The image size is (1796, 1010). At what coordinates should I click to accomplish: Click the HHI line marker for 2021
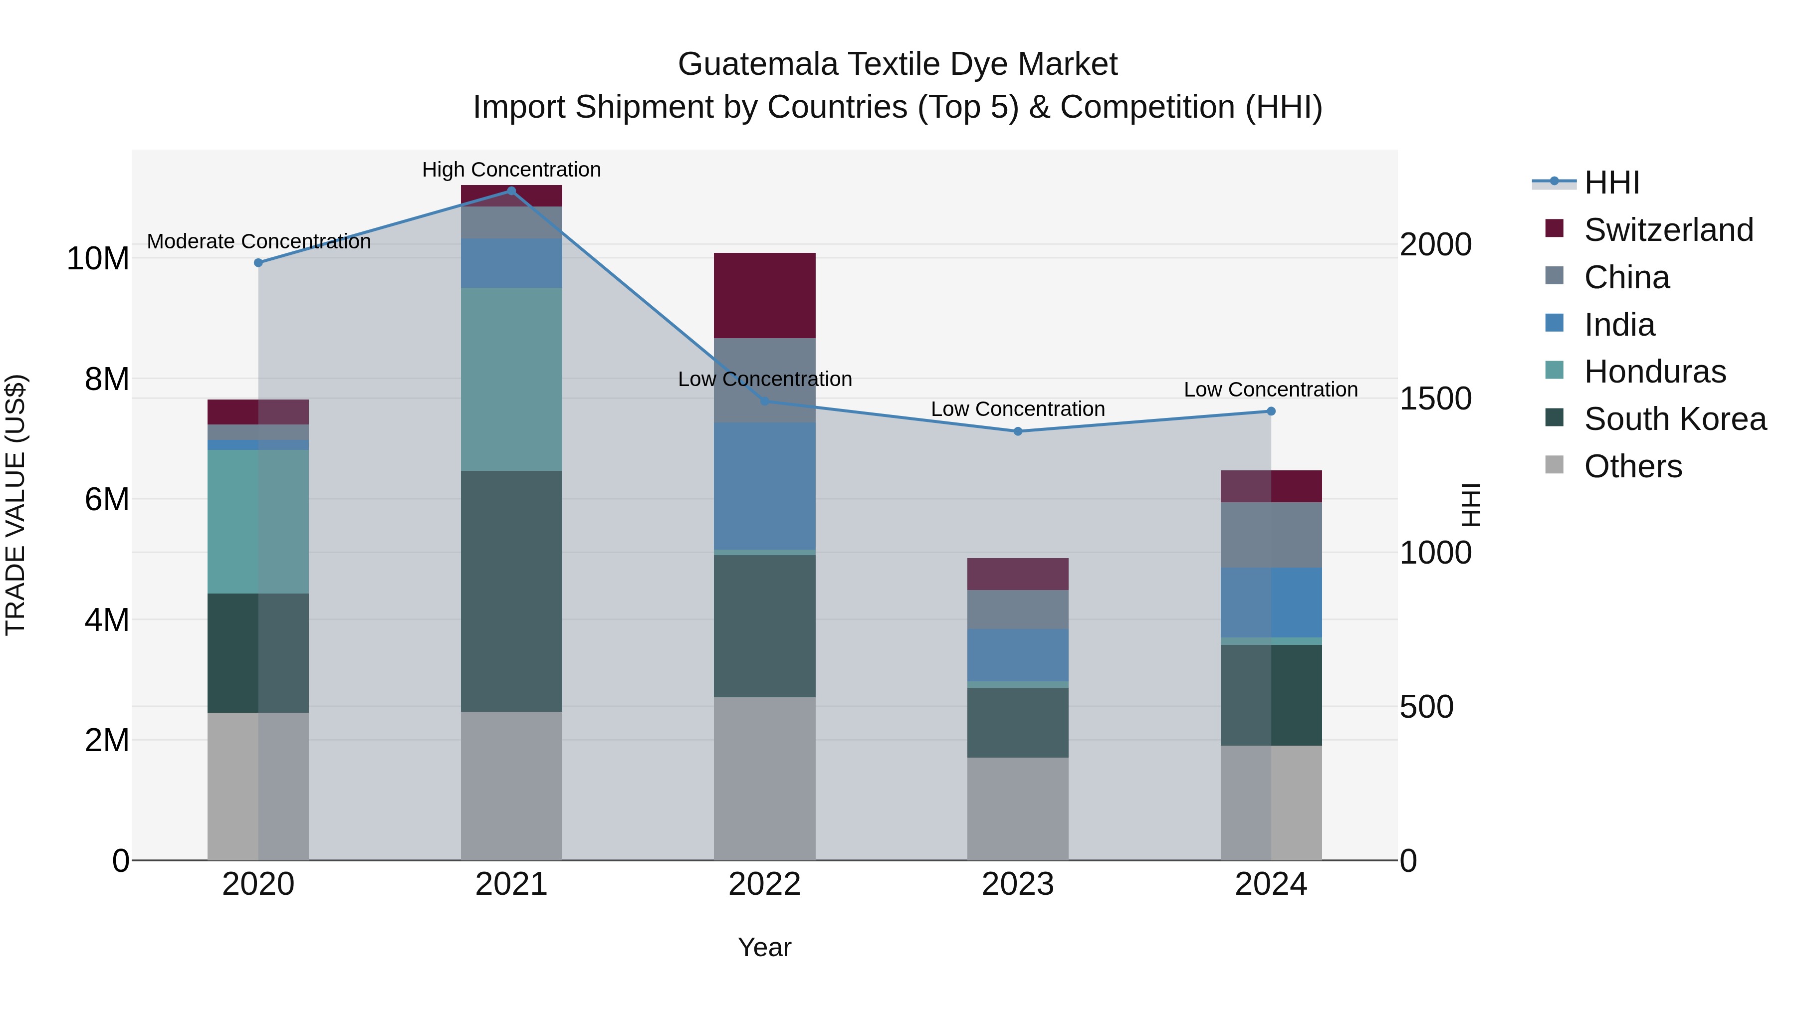(511, 191)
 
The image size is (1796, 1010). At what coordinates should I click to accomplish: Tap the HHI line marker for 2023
(1017, 431)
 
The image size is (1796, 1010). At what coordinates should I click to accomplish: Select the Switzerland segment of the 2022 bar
(764, 296)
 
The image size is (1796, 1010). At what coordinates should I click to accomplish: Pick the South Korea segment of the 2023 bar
(1017, 722)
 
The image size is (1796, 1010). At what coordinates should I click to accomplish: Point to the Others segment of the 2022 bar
(764, 779)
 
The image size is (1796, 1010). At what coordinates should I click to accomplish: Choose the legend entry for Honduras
(1654, 372)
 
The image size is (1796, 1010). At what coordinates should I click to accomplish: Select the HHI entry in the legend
(1610, 183)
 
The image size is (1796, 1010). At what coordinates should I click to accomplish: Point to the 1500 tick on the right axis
(1435, 399)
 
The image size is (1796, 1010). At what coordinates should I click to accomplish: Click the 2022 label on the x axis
(764, 884)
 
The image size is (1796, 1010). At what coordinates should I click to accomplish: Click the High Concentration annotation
(511, 170)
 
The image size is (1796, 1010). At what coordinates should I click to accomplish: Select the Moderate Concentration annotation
(258, 241)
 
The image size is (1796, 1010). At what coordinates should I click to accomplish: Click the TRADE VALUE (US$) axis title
(15, 505)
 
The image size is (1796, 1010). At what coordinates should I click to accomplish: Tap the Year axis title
(764, 947)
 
